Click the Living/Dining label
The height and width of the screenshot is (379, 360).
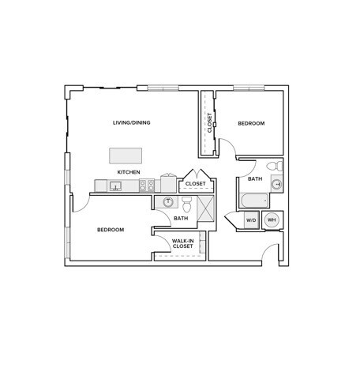[132, 122]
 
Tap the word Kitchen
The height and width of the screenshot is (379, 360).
[129, 172]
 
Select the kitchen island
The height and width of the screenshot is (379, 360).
[126, 154]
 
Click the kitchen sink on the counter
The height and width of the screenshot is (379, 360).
[115, 186]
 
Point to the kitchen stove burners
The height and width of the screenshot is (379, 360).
[146, 186]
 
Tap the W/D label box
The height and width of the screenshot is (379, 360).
[251, 220]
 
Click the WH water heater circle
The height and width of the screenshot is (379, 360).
[272, 220]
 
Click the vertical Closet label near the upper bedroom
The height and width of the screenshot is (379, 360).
[210, 122]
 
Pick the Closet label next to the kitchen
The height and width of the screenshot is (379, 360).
[195, 184]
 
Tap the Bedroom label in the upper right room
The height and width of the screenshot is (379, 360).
[251, 123]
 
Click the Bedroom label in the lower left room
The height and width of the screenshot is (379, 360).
[111, 230]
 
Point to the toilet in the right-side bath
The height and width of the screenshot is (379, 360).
[272, 167]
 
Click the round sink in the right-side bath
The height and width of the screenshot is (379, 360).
[276, 185]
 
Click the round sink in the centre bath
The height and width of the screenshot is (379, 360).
[167, 202]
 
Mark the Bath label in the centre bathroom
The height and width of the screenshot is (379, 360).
[181, 219]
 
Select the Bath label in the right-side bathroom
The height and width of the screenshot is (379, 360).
[255, 179]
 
